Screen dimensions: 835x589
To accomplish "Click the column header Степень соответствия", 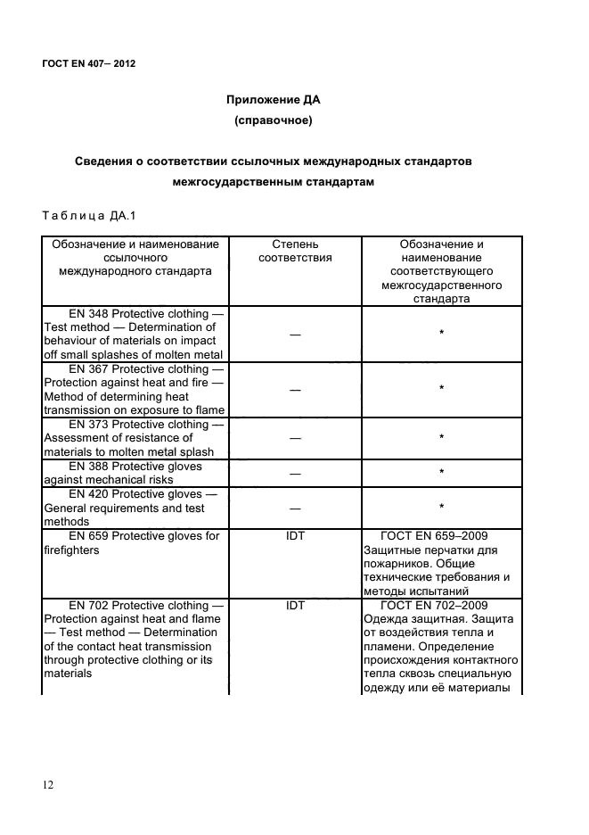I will (x=295, y=251).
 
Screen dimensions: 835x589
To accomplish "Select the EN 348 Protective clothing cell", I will (x=135, y=334).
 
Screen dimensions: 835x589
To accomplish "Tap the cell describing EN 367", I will (x=135, y=389).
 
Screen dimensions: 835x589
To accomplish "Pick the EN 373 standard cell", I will (x=135, y=438).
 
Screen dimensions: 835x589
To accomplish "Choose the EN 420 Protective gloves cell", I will (x=135, y=508).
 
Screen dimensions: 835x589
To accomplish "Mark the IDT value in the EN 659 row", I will (x=295, y=536).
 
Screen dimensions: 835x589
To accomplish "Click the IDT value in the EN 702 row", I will (x=295, y=606).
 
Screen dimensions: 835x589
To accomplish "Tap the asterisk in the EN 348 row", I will (x=441, y=334).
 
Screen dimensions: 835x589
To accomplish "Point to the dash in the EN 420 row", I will (x=295, y=508).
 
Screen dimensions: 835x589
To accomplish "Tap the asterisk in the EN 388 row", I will (x=441, y=473).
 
